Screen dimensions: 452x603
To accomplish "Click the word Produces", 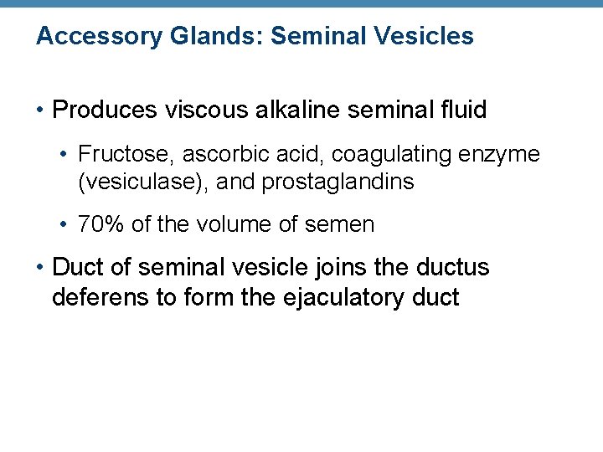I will click(105, 110).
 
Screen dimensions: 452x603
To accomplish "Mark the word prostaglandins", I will click(338, 182).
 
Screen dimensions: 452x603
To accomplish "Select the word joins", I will click(365, 268).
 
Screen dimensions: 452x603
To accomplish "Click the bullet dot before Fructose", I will click(64, 155).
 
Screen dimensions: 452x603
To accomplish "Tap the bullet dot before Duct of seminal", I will click(40, 269).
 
